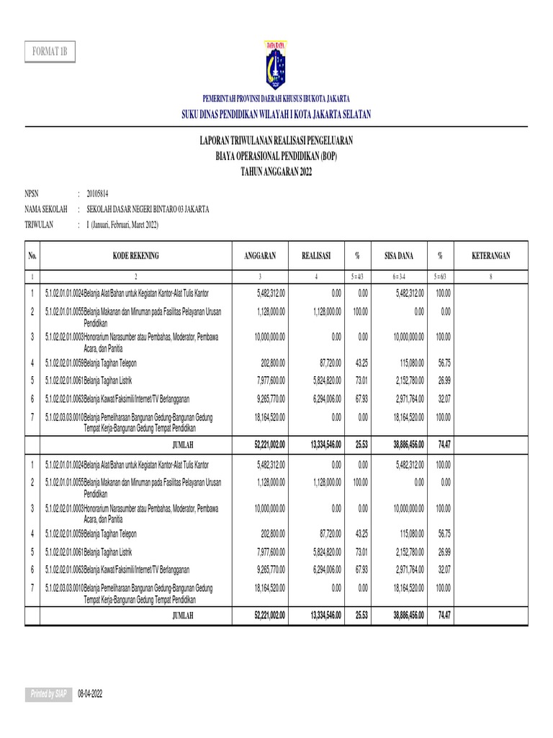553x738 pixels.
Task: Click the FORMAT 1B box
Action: pos(50,53)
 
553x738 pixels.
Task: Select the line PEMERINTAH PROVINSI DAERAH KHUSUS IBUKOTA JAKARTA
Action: pos(276,98)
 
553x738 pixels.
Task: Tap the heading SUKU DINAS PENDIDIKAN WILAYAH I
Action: pos(276,115)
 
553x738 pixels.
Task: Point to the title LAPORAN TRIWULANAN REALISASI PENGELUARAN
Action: pos(276,141)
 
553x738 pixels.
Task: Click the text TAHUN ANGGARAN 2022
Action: pos(276,168)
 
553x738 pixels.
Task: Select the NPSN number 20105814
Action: pos(97,194)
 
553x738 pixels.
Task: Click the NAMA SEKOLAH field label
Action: pos(46,209)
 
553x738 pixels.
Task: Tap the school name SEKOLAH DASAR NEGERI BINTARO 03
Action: pos(148,209)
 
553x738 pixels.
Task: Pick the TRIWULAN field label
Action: pos(40,225)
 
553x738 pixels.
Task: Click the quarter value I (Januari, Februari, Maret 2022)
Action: pos(122,225)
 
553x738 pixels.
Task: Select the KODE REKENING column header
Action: pos(135,256)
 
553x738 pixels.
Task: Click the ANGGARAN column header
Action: pos(261,256)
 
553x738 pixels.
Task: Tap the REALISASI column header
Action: pos(316,256)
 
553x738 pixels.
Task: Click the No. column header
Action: pos(32,256)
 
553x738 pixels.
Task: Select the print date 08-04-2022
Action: pos(91,693)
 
